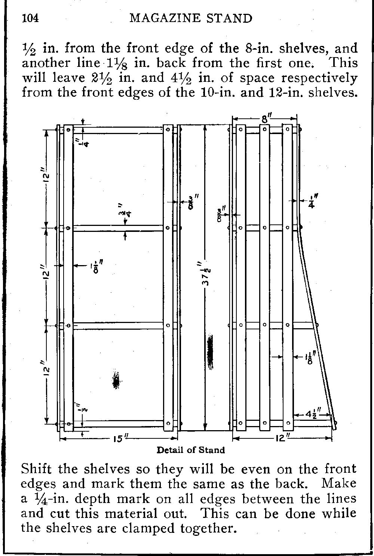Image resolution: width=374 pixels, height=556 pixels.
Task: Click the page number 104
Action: point(30,19)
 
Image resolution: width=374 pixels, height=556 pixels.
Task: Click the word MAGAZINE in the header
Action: point(166,19)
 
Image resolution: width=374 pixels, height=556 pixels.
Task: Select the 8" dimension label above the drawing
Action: point(266,118)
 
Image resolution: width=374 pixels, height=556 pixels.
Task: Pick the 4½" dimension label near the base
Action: point(313,414)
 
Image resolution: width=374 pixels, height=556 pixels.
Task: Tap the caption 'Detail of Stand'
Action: point(191,450)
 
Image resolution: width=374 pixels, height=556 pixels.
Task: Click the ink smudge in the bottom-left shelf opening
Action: point(116,380)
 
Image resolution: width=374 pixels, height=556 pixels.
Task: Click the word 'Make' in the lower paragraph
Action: point(339,484)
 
